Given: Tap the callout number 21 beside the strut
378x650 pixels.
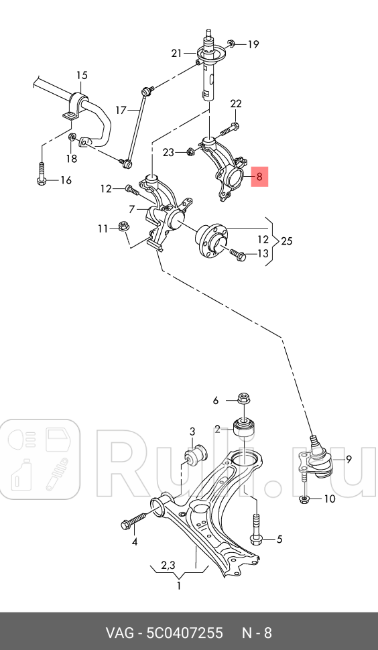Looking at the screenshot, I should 176,54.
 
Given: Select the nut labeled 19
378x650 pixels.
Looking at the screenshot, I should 231,44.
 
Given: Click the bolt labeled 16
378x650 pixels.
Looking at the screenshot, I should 42,174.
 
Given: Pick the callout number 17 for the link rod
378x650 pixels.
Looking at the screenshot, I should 120,109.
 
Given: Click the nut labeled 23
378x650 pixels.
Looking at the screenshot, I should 190,152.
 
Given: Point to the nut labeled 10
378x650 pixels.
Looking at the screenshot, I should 304,499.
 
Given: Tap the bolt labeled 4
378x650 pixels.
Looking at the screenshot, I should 138,520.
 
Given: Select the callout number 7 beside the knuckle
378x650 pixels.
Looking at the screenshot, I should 133,209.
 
